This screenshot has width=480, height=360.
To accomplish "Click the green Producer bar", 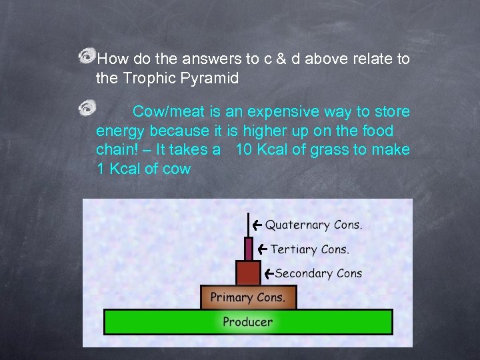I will tap(248, 321).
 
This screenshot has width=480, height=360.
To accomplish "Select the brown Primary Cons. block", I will tap(248, 297).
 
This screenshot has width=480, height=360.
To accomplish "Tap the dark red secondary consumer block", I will tap(248, 273).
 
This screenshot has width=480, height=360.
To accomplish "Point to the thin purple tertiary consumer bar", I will tap(249, 249).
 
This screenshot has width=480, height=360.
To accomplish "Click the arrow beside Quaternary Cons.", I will tap(257, 225).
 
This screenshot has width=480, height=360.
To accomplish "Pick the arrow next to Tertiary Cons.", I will tap(262, 249).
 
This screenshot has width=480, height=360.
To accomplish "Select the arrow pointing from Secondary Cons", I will tap(268, 273).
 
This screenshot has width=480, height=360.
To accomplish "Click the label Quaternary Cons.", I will tap(314, 225).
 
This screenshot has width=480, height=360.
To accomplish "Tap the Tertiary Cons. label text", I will tap(309, 249).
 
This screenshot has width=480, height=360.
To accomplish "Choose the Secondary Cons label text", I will tap(318, 273).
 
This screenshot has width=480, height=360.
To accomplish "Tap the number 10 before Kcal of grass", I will tap(244, 150).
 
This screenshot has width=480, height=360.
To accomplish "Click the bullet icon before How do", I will tap(87, 58).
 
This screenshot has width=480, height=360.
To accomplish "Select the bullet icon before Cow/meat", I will tap(87, 107).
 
